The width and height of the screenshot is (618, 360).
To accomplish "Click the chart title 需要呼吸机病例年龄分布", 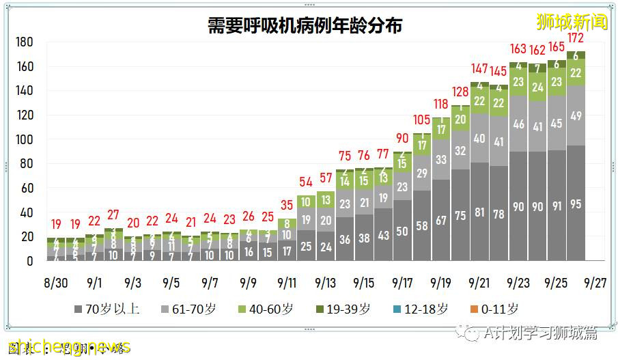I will [305, 25].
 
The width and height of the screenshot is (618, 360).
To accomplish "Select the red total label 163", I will [518, 49].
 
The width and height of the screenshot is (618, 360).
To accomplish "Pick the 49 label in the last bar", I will [576, 115].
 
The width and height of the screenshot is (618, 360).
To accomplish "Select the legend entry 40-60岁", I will [267, 309].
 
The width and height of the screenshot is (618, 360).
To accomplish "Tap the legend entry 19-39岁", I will [345, 309].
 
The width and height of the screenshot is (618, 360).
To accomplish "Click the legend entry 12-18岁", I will [423, 309].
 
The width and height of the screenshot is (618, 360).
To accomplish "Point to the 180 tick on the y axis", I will [25, 42].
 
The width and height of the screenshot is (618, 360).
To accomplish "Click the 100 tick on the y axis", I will [25, 139].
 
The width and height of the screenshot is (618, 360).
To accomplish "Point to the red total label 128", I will [461, 92].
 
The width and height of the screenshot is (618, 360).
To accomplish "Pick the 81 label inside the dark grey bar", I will [479, 212].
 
